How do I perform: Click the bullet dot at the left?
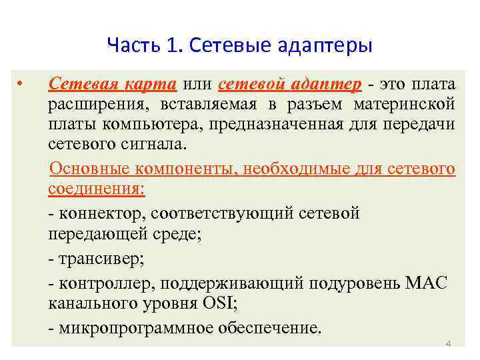tap(21, 85)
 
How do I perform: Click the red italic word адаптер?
tap(327, 85)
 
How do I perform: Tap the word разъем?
tap(316, 105)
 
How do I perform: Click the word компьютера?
tap(134, 125)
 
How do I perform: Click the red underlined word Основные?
tap(89, 168)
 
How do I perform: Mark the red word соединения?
tap(96, 189)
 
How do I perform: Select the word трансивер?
tap(99, 259)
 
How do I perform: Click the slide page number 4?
tap(448, 344)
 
